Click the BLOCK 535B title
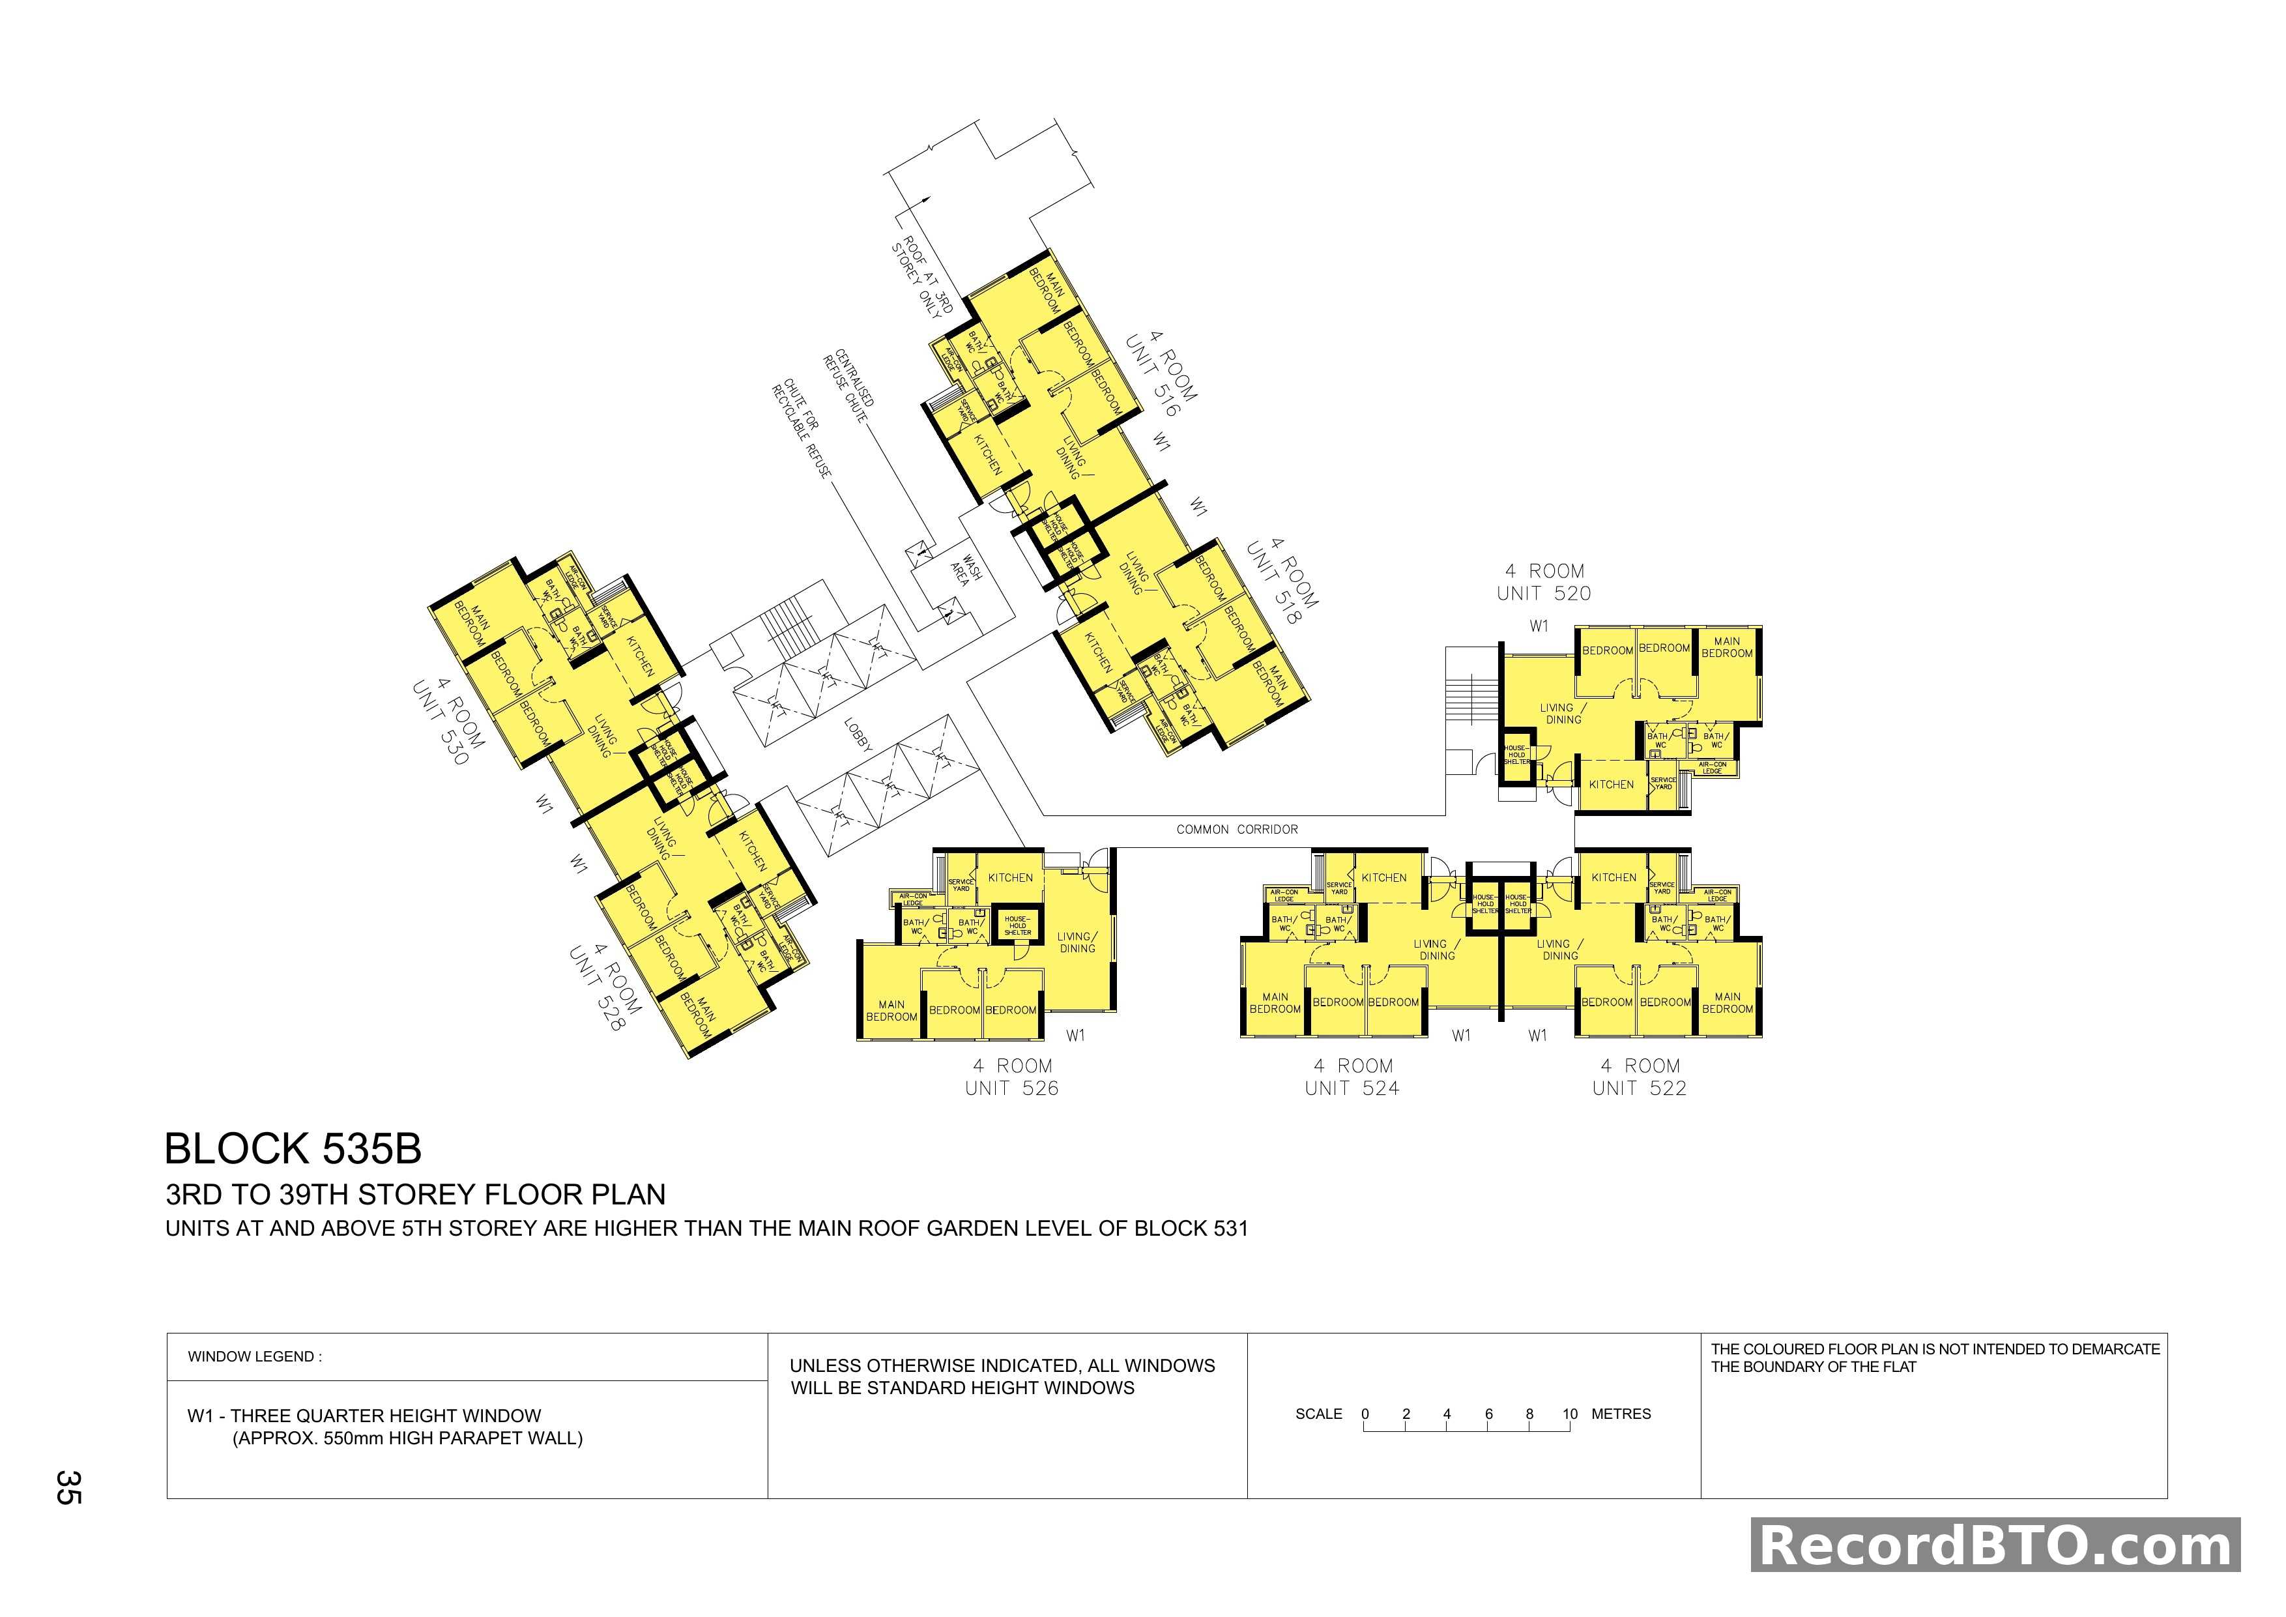[x=293, y=1149]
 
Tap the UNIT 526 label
[x=1011, y=1088]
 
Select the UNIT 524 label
[x=1352, y=1088]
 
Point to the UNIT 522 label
[x=1639, y=1088]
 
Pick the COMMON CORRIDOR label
[x=1237, y=830]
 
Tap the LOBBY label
[x=858, y=735]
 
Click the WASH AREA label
[x=966, y=570]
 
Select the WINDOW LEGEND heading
[x=255, y=1357]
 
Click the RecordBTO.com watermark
[x=1995, y=1547]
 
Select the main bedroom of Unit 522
[x=1728, y=1002]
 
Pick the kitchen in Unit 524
[x=1384, y=877]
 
